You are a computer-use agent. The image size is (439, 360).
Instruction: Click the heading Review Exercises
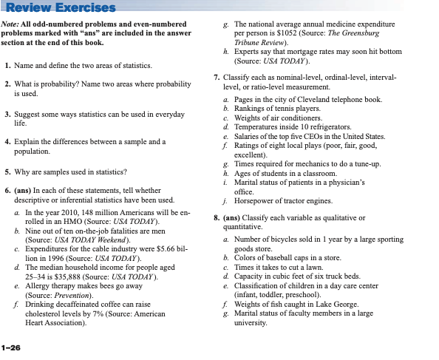[59, 8]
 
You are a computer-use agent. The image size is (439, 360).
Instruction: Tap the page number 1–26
[12, 346]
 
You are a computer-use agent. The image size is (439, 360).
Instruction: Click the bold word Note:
[12, 25]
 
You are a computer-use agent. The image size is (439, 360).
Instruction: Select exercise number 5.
[7, 172]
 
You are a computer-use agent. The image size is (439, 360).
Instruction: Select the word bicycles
[276, 239]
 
